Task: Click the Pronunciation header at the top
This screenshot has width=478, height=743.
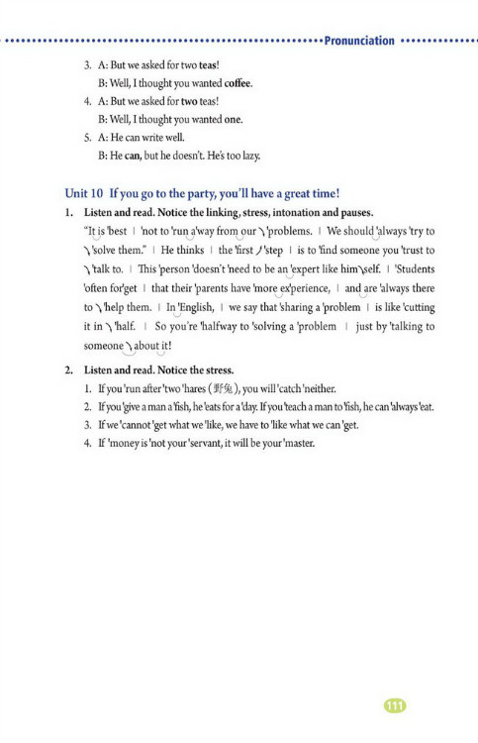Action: point(358,41)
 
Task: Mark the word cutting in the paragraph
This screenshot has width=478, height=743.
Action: point(415,307)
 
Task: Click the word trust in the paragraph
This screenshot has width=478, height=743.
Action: point(408,251)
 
